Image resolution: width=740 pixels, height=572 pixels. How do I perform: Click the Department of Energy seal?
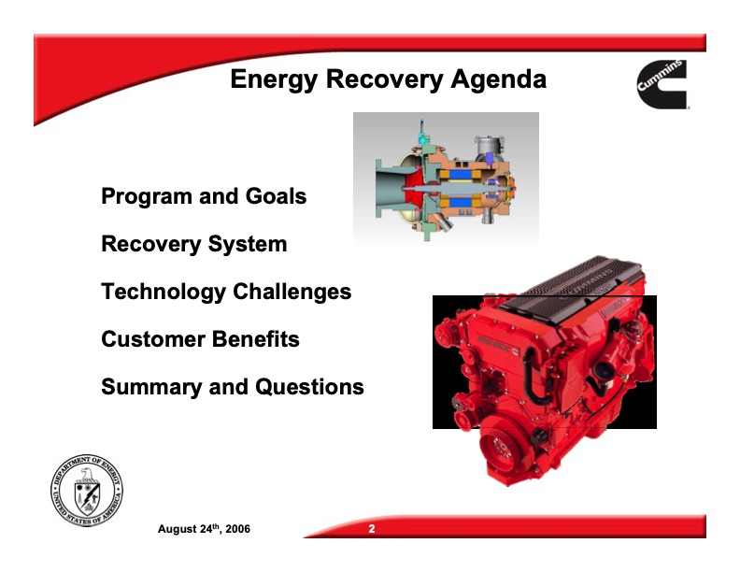[87, 493]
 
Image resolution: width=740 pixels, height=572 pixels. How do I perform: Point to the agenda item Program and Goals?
[204, 196]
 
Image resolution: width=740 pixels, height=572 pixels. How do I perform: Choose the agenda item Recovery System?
[193, 244]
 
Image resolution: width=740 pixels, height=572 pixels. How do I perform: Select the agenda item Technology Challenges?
[226, 292]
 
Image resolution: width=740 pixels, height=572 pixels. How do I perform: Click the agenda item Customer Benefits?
[200, 339]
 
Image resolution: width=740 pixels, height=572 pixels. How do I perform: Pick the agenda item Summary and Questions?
[232, 386]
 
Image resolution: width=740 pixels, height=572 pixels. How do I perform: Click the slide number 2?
[371, 530]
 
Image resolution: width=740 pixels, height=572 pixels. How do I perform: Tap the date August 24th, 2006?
[204, 530]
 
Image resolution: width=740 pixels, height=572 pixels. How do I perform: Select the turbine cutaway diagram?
[446, 178]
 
